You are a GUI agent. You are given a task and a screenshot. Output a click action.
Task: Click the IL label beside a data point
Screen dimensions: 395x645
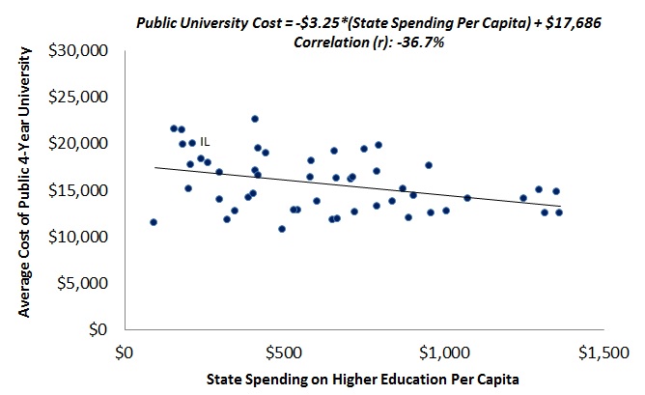[205, 141]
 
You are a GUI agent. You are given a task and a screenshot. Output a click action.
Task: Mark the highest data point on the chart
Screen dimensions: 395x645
[255, 119]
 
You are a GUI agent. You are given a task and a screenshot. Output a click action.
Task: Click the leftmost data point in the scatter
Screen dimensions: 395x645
[154, 222]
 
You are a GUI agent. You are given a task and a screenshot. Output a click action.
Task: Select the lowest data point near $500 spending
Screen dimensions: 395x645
[282, 229]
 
